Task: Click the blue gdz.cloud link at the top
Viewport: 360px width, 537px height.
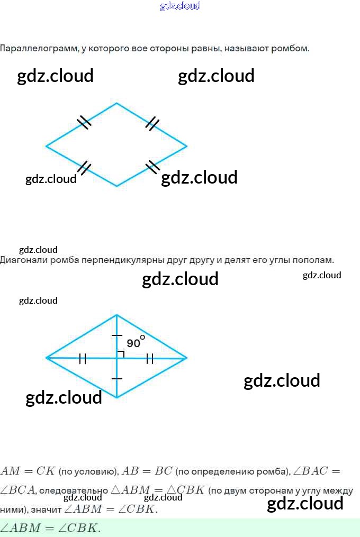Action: pos(180,6)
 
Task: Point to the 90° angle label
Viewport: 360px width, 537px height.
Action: pos(135,342)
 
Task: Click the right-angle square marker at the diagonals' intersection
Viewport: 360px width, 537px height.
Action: pos(120,354)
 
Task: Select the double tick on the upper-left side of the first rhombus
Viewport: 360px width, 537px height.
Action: pos(84,122)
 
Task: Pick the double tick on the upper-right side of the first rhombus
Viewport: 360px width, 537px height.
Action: pos(152,123)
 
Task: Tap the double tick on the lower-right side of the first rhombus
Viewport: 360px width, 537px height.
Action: pos(152,166)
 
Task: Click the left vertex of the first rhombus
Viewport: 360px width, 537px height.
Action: pos(47,145)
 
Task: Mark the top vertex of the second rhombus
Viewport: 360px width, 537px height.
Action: pos(116,315)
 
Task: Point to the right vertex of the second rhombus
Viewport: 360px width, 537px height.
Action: pos(186,358)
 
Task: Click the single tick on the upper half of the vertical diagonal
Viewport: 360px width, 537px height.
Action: pos(116,335)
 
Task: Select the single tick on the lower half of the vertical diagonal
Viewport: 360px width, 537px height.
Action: pos(116,379)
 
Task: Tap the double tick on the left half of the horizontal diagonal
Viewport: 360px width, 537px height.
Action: pos(83,359)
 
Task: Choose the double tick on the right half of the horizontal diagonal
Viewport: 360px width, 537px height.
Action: pos(150,359)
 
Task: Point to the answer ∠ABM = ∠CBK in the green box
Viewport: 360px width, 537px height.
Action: pos(50,528)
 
